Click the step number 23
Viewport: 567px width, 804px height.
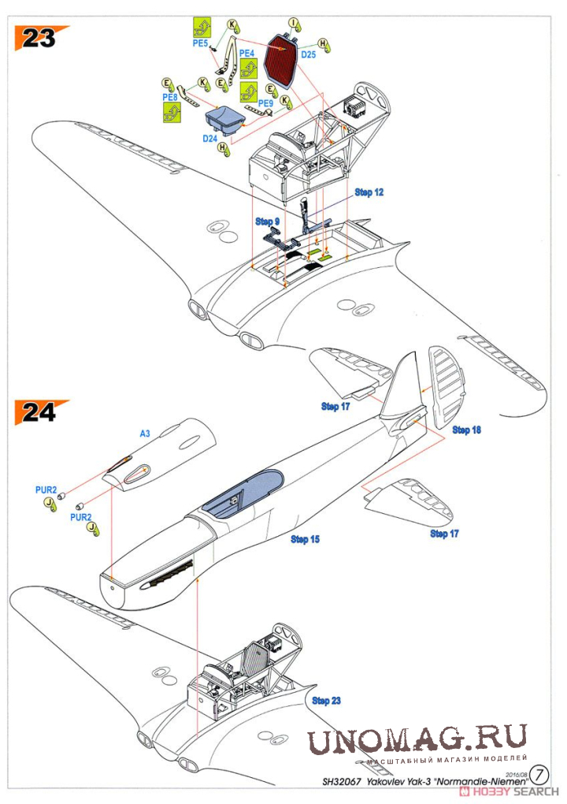[x=38, y=37]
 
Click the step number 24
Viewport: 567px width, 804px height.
[x=38, y=412]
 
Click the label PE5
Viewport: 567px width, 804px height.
[x=200, y=44]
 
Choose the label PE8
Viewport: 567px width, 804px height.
[x=170, y=97]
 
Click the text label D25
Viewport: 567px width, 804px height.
[x=308, y=55]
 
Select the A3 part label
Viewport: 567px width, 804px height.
[x=145, y=434]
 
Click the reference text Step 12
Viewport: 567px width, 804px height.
[x=369, y=192]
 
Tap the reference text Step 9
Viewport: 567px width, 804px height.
[x=267, y=221]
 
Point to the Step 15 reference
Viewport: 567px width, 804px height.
[x=306, y=539]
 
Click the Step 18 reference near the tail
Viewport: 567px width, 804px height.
[x=466, y=430]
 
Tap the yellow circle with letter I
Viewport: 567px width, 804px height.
[x=293, y=21]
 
